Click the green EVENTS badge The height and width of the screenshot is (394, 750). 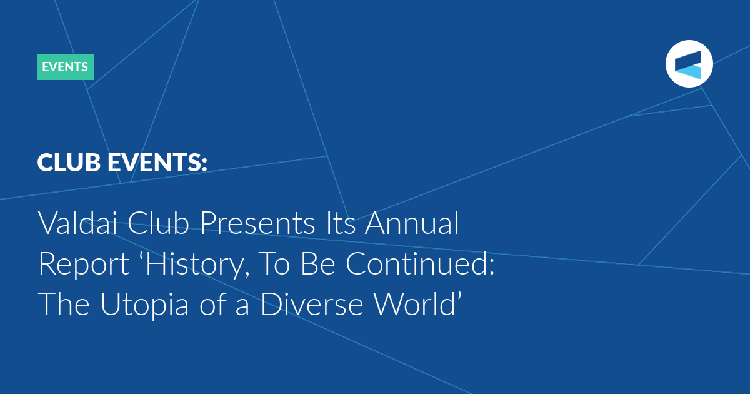(x=65, y=67)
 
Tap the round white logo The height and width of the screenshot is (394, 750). (x=689, y=64)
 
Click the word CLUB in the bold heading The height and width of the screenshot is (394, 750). (x=69, y=163)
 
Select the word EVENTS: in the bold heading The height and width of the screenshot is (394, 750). (x=157, y=163)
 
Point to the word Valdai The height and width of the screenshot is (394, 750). (x=77, y=223)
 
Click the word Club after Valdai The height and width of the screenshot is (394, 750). (x=158, y=223)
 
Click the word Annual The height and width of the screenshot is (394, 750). (x=412, y=223)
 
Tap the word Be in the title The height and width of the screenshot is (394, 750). (x=318, y=264)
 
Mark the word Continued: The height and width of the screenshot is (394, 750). (x=420, y=264)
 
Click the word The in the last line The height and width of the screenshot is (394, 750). (x=64, y=304)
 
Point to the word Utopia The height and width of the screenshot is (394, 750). (x=144, y=306)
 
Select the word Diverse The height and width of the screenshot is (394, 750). (x=312, y=304)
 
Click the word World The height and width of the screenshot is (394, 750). (x=414, y=304)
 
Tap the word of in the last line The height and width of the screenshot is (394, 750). (x=212, y=304)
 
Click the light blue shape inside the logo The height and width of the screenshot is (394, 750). (x=690, y=72)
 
